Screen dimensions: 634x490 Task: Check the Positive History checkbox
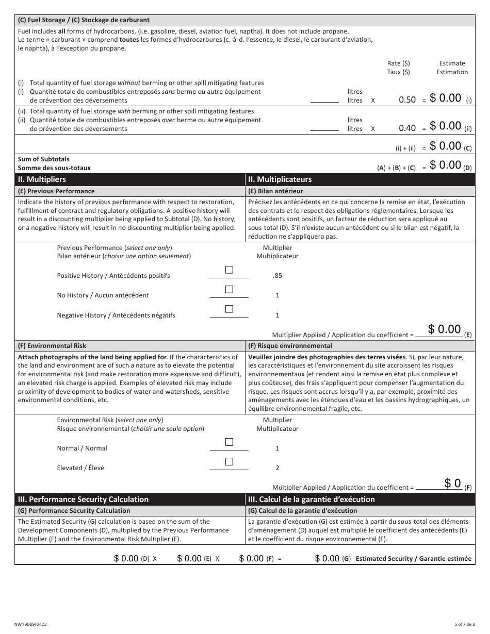point(229,270)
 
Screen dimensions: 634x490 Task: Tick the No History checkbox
point(229,290)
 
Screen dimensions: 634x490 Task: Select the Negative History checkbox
point(229,309)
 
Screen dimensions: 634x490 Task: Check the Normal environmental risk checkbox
point(229,442)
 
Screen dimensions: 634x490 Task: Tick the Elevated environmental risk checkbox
point(229,462)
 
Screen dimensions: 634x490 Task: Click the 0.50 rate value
point(407,100)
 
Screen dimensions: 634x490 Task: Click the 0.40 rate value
point(407,128)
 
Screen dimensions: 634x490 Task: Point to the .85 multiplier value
point(277,276)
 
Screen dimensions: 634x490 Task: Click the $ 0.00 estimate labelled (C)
point(445,146)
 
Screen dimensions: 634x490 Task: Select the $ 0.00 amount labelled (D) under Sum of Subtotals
point(445,165)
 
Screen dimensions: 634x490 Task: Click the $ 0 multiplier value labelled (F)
point(452,483)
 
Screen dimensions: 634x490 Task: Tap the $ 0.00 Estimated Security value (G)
point(327,558)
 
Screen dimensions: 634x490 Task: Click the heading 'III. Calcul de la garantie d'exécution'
point(311,499)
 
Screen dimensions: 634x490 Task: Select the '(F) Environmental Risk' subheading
point(52,346)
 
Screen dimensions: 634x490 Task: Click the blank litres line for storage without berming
point(324,101)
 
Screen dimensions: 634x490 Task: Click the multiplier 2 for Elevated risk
point(277,468)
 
